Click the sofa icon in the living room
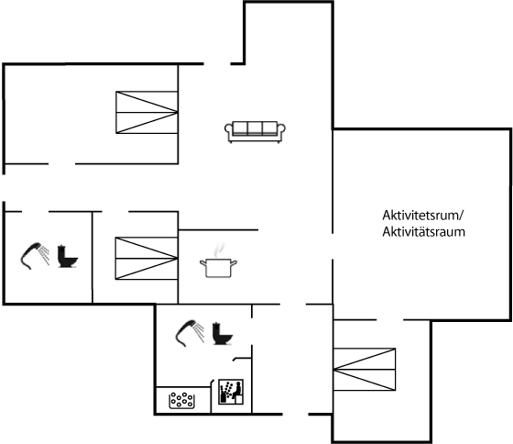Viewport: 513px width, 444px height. (x=255, y=132)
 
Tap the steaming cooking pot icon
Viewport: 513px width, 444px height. (x=219, y=261)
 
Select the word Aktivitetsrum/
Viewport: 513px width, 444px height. (x=423, y=216)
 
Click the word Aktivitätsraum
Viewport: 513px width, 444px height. (x=423, y=232)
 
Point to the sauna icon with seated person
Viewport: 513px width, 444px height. (x=231, y=392)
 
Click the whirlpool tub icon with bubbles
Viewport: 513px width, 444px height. (x=182, y=400)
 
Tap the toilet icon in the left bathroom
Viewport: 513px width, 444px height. (x=68, y=256)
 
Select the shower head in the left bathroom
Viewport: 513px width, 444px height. (x=35, y=256)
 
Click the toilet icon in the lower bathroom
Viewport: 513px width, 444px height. (x=222, y=334)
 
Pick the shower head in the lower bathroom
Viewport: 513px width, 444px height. (x=190, y=333)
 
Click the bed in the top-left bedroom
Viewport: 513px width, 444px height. (x=147, y=113)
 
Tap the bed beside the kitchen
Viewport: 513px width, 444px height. (x=147, y=259)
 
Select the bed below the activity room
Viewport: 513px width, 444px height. (x=365, y=370)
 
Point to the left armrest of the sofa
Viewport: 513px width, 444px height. (x=228, y=129)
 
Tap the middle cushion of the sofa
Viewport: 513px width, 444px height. (x=255, y=128)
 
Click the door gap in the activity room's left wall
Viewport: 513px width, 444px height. (x=333, y=247)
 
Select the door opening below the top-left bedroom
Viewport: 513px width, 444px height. (x=62, y=163)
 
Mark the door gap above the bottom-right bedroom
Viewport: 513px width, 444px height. (x=389, y=319)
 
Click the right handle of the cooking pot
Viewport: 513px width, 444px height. (x=234, y=262)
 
